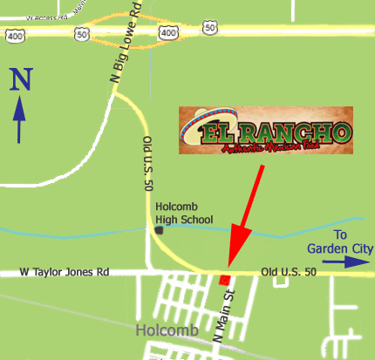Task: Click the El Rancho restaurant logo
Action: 265,130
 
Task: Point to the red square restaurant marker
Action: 225,279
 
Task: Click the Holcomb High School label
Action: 186,213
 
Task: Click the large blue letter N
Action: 21,80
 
